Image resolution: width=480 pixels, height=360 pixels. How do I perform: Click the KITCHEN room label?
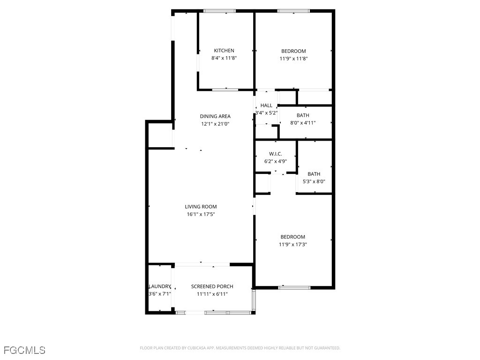click(224, 51)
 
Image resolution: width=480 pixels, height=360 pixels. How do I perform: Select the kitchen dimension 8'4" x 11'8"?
click(224, 59)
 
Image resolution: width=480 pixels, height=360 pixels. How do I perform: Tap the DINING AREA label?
click(215, 116)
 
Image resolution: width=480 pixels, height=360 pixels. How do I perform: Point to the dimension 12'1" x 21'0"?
click(215, 124)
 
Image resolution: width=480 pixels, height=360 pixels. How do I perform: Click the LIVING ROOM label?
click(201, 207)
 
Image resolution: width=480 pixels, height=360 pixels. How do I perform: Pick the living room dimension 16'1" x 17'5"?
click(201, 215)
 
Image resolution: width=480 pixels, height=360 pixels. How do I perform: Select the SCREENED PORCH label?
click(212, 286)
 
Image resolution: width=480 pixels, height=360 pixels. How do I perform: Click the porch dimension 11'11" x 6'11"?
click(212, 294)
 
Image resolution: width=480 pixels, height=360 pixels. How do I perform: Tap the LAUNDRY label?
click(160, 286)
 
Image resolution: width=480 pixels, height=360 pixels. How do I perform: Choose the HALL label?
click(266, 105)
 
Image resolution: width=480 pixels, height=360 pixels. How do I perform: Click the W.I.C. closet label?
click(275, 154)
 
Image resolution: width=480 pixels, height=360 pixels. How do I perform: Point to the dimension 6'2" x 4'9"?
click(275, 161)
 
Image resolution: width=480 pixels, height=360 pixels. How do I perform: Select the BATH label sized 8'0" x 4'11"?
click(303, 115)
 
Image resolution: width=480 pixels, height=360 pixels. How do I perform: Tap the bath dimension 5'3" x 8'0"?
click(314, 182)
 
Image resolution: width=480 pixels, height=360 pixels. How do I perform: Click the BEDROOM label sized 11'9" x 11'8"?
click(293, 51)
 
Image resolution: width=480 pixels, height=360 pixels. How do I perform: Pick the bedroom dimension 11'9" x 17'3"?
click(293, 245)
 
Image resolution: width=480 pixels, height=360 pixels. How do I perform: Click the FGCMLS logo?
click(24, 350)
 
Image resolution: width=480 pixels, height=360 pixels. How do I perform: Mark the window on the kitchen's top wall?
click(219, 11)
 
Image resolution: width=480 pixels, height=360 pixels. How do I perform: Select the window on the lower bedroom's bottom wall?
click(294, 287)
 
